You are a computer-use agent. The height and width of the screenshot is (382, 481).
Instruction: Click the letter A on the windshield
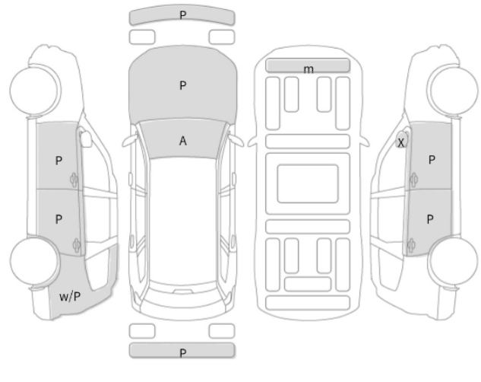[182, 141]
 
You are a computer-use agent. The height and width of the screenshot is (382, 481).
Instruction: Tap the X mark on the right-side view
[401, 142]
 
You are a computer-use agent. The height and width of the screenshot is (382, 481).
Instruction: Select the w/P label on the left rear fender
[70, 295]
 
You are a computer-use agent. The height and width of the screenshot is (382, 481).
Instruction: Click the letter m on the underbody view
[308, 69]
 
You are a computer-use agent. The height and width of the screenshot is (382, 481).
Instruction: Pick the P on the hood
[182, 86]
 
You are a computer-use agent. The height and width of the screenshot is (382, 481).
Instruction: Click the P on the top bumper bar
[182, 14]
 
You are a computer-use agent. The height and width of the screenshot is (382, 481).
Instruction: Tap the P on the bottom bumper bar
[182, 352]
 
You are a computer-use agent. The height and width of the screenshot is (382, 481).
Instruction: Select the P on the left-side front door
[59, 161]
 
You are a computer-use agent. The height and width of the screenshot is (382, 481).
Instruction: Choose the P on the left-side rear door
[59, 218]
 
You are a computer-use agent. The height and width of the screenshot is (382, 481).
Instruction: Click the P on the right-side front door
[431, 160]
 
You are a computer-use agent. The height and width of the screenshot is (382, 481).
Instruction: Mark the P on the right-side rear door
[431, 218]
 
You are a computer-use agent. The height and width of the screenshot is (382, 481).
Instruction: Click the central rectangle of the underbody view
[307, 183]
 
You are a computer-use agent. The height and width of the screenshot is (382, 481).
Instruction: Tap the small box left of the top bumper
[142, 37]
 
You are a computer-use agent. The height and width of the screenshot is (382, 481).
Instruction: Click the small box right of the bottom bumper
[221, 329]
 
